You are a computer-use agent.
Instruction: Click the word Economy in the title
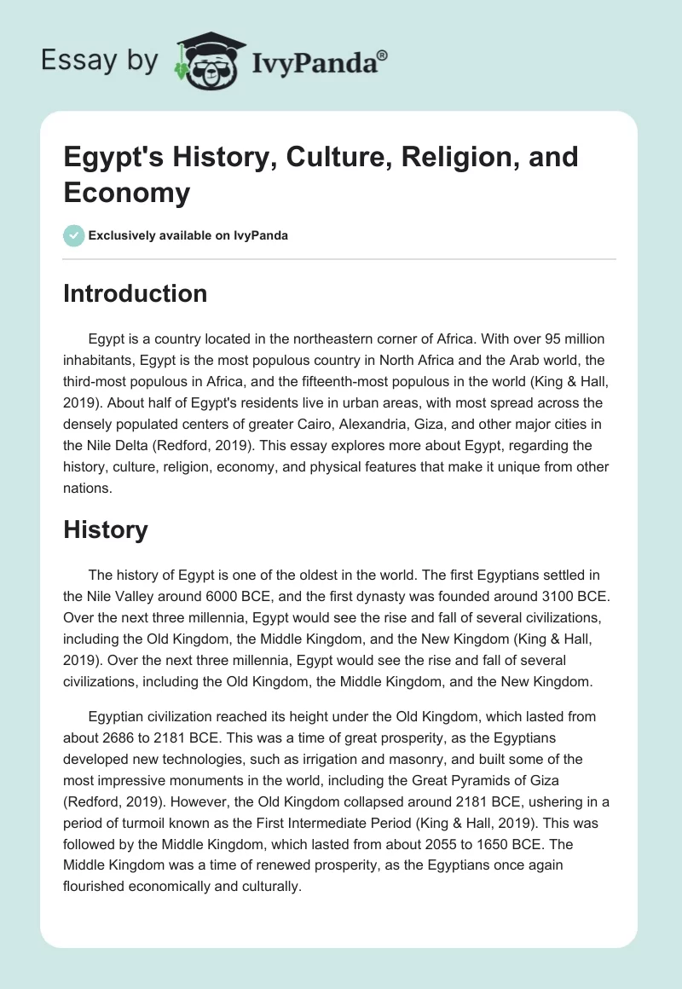click(127, 192)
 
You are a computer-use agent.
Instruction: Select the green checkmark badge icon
click(73, 235)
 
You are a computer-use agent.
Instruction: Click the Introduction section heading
click(136, 293)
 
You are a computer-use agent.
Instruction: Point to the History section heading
click(106, 529)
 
